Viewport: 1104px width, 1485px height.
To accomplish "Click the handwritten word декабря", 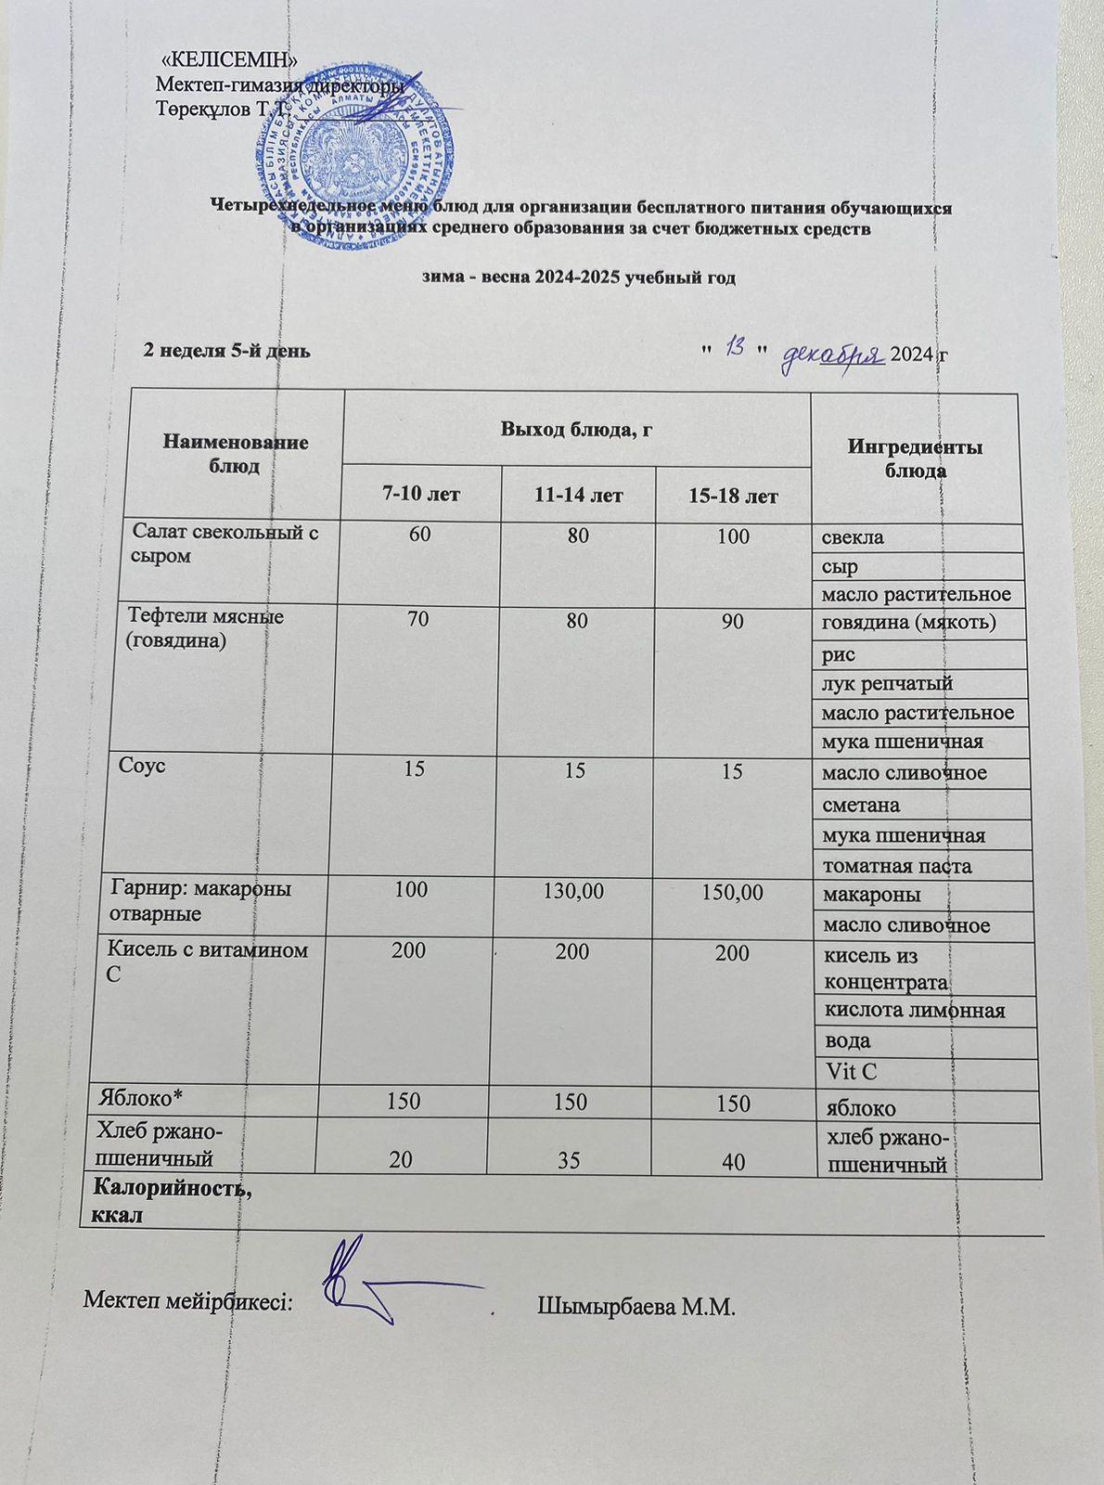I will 831,354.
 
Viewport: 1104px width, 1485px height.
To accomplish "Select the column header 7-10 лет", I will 423,495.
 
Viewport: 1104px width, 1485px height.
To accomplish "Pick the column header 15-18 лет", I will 733,497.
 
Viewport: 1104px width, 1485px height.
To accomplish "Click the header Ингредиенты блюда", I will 915,458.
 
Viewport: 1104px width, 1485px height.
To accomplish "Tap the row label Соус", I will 142,766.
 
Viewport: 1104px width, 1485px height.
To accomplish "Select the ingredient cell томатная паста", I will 897,866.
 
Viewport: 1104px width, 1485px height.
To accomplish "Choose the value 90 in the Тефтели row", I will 733,621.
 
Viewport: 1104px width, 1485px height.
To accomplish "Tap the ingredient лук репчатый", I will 888,684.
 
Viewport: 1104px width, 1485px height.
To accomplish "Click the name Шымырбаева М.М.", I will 635,1309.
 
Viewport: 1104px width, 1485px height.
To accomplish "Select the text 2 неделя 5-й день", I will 225,351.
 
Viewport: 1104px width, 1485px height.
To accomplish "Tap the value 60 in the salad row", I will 418,536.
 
